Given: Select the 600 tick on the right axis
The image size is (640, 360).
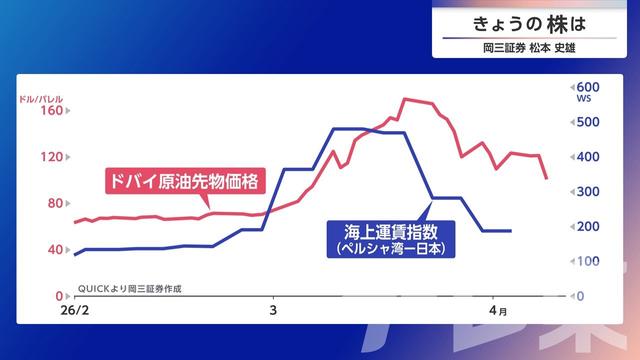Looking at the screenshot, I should [x=587, y=87].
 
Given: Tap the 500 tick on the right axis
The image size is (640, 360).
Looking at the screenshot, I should [x=587, y=122].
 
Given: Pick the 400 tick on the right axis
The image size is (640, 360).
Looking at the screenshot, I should [x=587, y=157].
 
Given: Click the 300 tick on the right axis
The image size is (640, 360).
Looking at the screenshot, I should [x=587, y=192].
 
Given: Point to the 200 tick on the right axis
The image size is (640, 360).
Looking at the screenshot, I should [x=587, y=227].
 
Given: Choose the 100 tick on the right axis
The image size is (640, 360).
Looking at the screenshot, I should [x=587, y=262].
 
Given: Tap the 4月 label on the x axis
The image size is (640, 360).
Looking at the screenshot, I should [x=497, y=312].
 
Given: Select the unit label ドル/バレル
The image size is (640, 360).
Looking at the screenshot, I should [x=41, y=98].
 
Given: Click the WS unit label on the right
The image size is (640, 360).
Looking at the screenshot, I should [x=583, y=100].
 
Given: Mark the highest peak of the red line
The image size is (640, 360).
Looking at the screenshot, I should [x=405, y=99].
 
